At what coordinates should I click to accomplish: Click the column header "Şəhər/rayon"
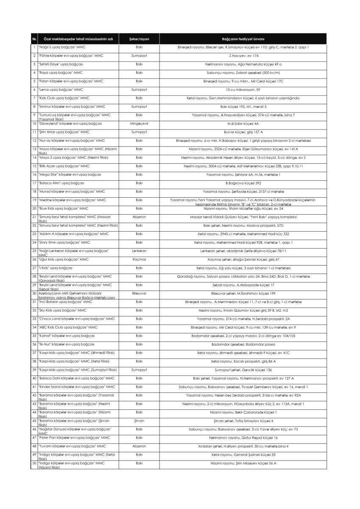point(139,39)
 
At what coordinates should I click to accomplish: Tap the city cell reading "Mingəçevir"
point(139,123)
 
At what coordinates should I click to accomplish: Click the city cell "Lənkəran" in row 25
point(139,251)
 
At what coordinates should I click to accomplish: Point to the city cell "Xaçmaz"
point(139,259)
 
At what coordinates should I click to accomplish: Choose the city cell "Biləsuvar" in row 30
point(139,293)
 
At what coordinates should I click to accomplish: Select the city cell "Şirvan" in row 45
point(139,420)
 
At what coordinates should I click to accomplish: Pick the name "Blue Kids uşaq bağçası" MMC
point(63,208)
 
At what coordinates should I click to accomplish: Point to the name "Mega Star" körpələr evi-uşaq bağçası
point(70,174)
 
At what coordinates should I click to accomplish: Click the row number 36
point(34,344)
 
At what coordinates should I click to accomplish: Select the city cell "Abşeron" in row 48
point(139,446)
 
